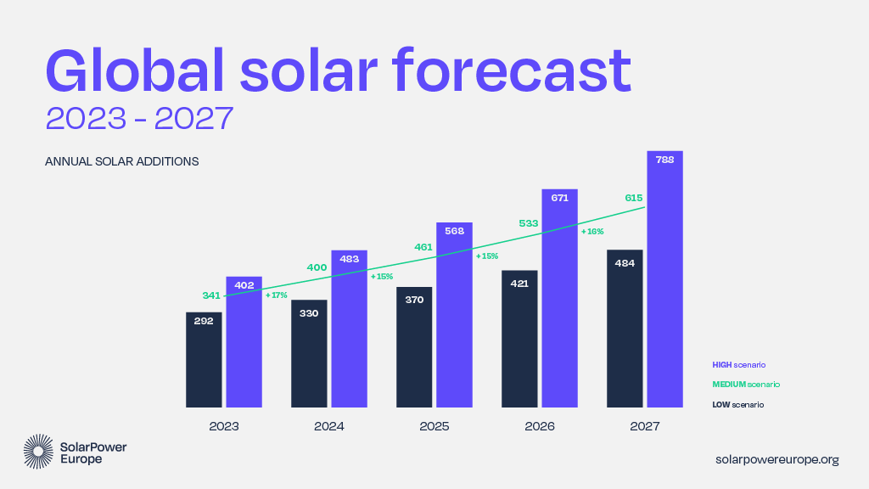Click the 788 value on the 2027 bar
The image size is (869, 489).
[664, 160]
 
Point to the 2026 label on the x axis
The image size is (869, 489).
[539, 426]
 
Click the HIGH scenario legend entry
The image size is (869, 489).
[738, 364]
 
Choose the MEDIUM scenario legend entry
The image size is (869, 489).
[745, 385]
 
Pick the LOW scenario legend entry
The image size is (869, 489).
[737, 405]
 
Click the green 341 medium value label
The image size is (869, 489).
[211, 295]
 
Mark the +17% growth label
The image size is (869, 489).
[277, 295]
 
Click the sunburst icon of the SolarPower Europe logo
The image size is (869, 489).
[39, 452]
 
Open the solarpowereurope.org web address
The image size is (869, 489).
[777, 459]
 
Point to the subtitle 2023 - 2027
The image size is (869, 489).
[139, 119]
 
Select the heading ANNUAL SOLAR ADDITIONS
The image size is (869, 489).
[121, 161]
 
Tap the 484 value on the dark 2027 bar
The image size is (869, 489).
[624, 262]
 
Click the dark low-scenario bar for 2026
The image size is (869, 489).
[519, 340]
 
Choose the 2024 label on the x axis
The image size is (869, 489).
[328, 426]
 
